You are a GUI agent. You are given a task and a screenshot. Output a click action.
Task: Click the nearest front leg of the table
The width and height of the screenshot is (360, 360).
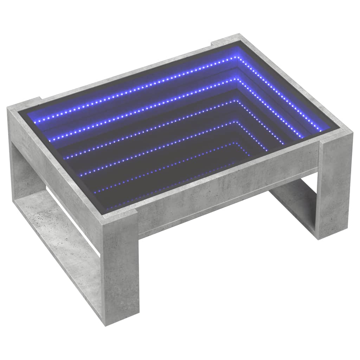coord(120,267)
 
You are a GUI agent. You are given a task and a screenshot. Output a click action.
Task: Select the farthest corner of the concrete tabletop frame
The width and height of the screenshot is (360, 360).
coord(239,36)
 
